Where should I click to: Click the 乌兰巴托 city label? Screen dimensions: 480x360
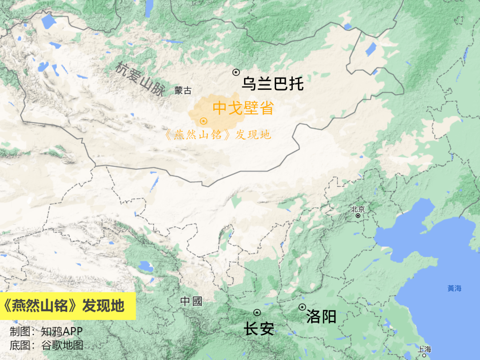pyautogui.click(x=272, y=84)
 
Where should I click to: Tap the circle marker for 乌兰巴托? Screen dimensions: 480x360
pyautogui.click(x=236, y=72)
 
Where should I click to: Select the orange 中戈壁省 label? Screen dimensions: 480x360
pyautogui.click(x=243, y=108)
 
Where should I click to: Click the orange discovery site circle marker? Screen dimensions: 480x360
pyautogui.click(x=204, y=120)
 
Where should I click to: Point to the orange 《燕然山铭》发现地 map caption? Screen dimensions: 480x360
pyautogui.click(x=218, y=135)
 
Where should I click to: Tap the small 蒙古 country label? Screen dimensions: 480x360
pyautogui.click(x=183, y=91)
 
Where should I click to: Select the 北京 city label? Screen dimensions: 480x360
pyautogui.click(x=358, y=209)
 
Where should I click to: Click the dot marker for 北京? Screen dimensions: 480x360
pyautogui.click(x=358, y=216)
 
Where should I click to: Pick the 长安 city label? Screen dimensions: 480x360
pyautogui.click(x=259, y=329)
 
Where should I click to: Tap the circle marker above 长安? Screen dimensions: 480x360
pyautogui.click(x=257, y=312)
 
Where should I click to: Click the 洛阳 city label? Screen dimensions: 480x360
pyautogui.click(x=321, y=317)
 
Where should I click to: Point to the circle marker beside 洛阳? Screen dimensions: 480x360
pyautogui.click(x=302, y=307)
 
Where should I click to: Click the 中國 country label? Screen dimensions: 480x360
pyautogui.click(x=191, y=301)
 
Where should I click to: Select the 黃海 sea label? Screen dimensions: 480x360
pyautogui.click(x=454, y=288)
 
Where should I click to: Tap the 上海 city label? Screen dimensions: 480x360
pyautogui.click(x=424, y=349)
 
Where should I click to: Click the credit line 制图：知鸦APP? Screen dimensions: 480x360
pyautogui.click(x=46, y=332)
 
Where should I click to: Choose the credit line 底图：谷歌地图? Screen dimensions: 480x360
pyautogui.click(x=46, y=345)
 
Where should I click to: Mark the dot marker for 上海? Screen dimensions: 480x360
pyautogui.click(x=424, y=355)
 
